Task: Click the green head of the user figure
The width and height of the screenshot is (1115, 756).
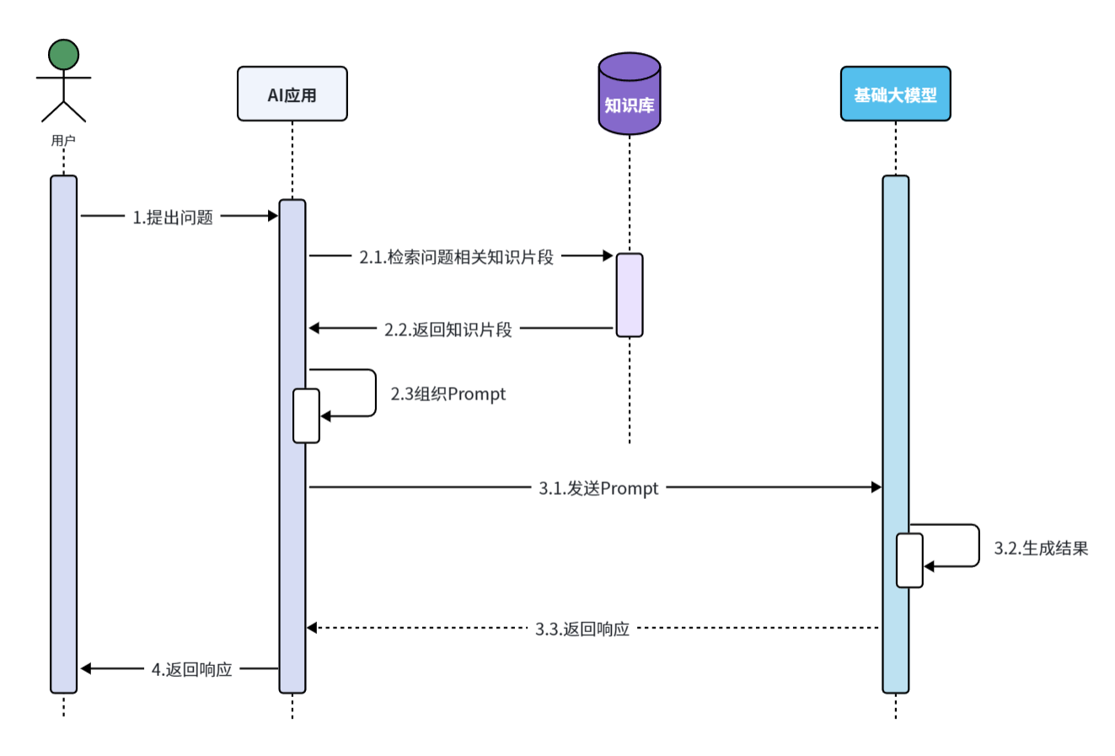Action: point(63,54)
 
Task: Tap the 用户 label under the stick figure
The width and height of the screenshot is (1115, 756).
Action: point(63,141)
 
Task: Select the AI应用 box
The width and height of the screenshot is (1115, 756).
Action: point(292,94)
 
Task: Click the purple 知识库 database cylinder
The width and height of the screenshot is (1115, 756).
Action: point(629,94)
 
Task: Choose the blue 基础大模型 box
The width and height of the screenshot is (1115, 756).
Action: point(895,94)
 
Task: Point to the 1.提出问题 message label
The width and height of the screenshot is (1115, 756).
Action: point(173,217)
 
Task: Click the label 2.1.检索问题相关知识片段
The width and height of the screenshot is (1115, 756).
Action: point(456,257)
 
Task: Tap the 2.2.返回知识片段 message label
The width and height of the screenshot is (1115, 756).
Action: point(448,330)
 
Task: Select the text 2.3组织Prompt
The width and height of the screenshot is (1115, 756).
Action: point(448,394)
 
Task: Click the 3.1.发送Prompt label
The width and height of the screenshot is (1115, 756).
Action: point(598,488)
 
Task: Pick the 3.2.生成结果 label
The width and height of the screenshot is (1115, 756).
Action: point(1041,549)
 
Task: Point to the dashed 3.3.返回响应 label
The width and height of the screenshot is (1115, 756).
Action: point(582,629)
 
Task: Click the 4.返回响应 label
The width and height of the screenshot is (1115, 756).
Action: point(191,670)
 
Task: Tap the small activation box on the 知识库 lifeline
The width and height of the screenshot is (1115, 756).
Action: point(629,295)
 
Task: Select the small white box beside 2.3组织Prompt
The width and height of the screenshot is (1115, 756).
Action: point(306,416)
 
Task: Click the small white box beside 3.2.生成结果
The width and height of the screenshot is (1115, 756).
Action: point(909,560)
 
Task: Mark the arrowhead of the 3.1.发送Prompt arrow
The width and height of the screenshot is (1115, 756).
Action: point(876,487)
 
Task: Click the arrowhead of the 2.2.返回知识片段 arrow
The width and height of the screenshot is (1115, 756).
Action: point(314,328)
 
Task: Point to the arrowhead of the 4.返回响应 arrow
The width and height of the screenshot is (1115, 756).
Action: point(86,668)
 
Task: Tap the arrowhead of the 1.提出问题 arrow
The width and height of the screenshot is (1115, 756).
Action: point(272,216)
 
